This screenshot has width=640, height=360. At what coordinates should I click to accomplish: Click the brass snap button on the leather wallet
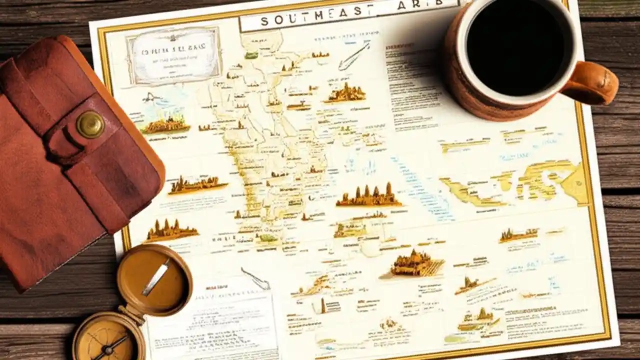click(90, 124)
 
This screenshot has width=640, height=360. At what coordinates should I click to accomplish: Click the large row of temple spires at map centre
click(368, 195)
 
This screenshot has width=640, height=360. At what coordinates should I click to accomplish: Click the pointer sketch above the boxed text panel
click(255, 277)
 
